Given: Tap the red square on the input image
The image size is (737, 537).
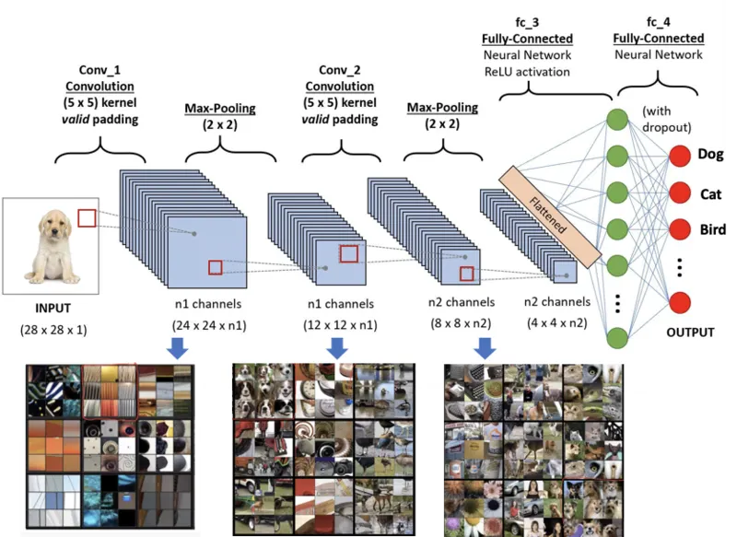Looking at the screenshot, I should [x=86, y=218].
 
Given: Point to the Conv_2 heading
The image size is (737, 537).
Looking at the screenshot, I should [x=339, y=69].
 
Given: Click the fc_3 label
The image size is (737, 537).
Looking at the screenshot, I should [x=527, y=22].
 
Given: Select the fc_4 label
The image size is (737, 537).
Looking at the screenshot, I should [x=658, y=22].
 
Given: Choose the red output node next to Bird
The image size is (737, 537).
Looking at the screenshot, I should [x=680, y=228].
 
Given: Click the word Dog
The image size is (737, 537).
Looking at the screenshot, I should [x=711, y=155].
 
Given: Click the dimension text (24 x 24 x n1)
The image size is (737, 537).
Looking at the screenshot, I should [x=210, y=325].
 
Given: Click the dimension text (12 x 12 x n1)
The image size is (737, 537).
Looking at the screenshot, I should [x=339, y=325].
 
